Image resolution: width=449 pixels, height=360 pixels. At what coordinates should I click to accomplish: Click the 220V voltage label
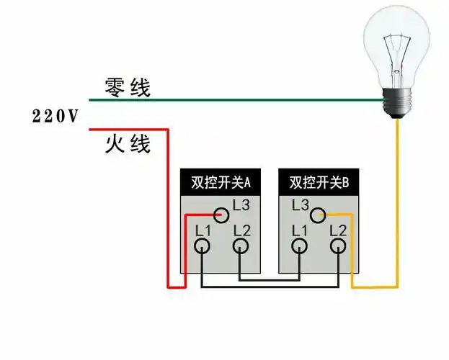[55, 116]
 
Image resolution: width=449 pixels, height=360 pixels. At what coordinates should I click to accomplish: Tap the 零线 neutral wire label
[128, 88]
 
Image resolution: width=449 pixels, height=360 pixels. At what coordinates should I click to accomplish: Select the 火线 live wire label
[128, 143]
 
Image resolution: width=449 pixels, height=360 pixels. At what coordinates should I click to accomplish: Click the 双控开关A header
[220, 183]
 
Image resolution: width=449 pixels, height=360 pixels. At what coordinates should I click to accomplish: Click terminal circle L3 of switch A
[222, 214]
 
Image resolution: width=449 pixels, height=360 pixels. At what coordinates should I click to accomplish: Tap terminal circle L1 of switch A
[203, 246]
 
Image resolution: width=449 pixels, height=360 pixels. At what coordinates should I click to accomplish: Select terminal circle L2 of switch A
[241, 246]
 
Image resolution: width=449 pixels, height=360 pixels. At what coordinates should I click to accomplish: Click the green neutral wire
[238, 100]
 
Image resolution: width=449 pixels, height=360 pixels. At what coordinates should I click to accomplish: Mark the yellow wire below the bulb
[397, 202]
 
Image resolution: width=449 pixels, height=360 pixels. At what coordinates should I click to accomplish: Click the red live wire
[169, 209]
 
